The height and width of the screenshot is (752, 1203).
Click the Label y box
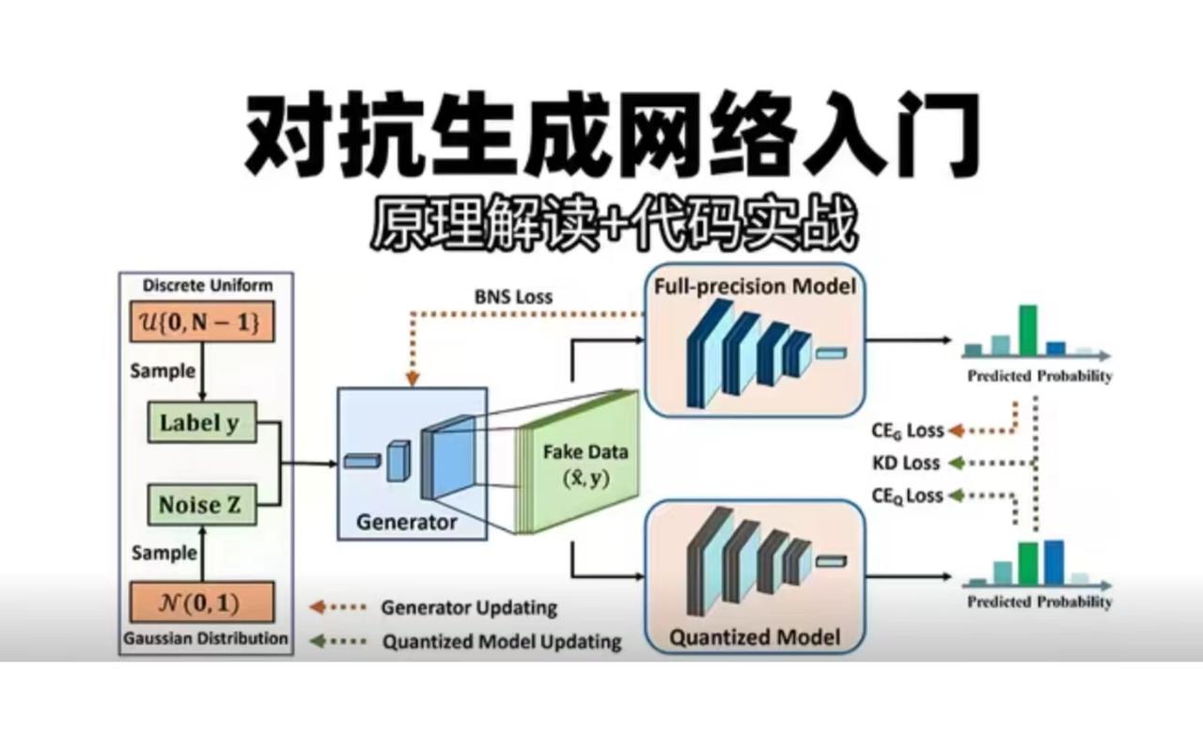tap(199, 423)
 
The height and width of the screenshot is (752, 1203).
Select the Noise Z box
tap(199, 505)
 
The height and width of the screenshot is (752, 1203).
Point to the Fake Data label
tap(586, 452)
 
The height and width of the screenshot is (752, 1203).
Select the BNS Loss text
tap(512, 297)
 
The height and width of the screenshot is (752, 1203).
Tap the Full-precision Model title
tap(755, 285)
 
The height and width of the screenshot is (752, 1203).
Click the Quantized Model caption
tap(753, 638)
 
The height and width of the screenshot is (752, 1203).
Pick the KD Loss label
tap(906, 463)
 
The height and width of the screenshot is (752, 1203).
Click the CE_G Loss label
tap(906, 431)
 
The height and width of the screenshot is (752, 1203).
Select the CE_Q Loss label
tap(906, 496)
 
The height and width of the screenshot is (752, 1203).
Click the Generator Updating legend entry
tap(468, 607)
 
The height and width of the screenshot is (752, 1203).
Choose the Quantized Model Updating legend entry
tap(501, 643)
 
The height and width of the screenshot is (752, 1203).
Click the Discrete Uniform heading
tap(207, 286)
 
